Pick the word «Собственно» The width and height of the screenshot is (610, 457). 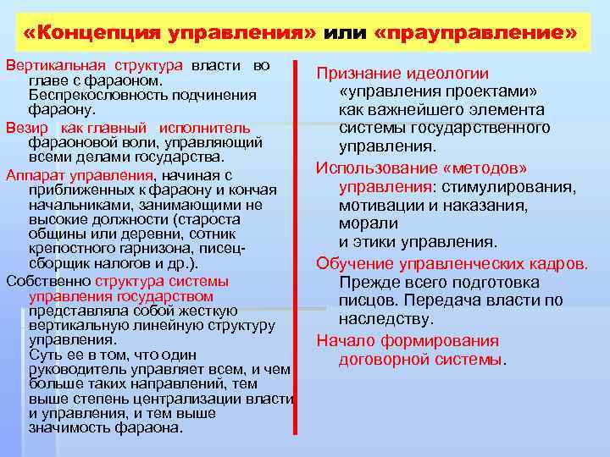pos(47,281)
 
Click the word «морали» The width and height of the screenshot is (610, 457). pos(368,223)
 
